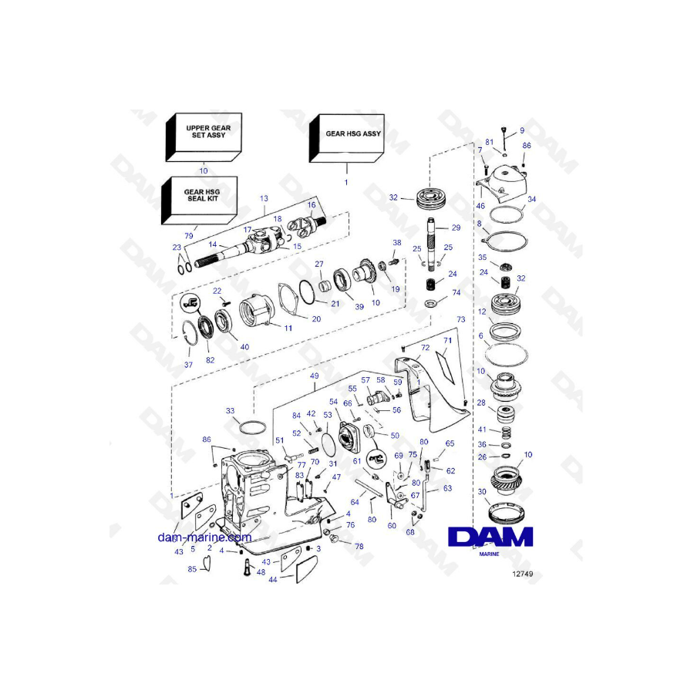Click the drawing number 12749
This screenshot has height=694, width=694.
pyautogui.click(x=522, y=574)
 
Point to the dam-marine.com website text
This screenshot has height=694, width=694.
pyautogui.click(x=204, y=537)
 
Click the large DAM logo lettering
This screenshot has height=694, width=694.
pyautogui.click(x=490, y=537)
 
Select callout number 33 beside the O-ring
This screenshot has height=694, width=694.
pyautogui.click(x=231, y=412)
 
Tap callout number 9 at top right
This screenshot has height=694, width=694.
pyautogui.click(x=521, y=131)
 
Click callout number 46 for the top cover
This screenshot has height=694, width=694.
pyautogui.click(x=480, y=207)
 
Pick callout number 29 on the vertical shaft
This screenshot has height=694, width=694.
pyautogui.click(x=456, y=227)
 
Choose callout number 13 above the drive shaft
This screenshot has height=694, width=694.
pyautogui.click(x=263, y=198)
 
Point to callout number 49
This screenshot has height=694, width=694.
pyautogui.click(x=314, y=376)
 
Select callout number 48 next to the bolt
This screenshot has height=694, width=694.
pyautogui.click(x=261, y=572)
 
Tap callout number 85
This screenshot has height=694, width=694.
pyautogui.click(x=192, y=570)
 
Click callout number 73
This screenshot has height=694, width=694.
pyautogui.click(x=461, y=318)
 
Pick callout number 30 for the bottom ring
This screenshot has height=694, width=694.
pyautogui.click(x=482, y=492)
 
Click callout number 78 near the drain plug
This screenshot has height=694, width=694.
pyautogui.click(x=359, y=545)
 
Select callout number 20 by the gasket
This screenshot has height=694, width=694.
pyautogui.click(x=316, y=318)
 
